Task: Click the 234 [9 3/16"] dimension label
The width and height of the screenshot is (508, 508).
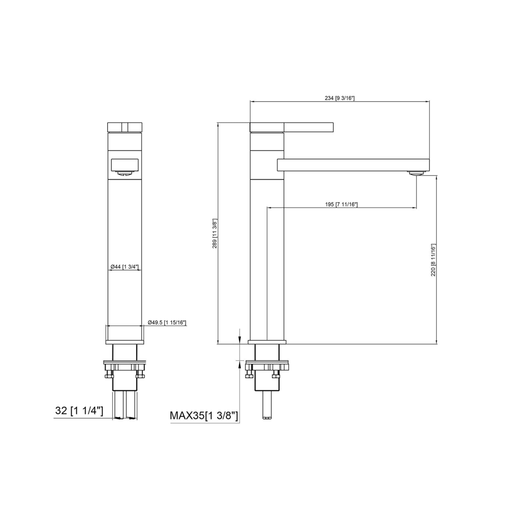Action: click(340, 98)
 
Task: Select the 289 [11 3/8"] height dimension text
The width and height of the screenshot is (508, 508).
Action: click(215, 233)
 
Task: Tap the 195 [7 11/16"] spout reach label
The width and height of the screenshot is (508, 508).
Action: click(341, 204)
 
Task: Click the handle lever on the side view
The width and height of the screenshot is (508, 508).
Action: click(292, 127)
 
